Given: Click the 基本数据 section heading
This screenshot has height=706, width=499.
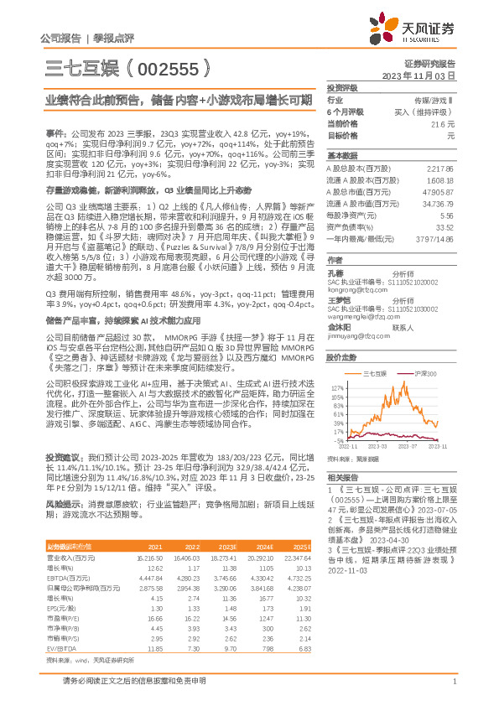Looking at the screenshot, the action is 342,157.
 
